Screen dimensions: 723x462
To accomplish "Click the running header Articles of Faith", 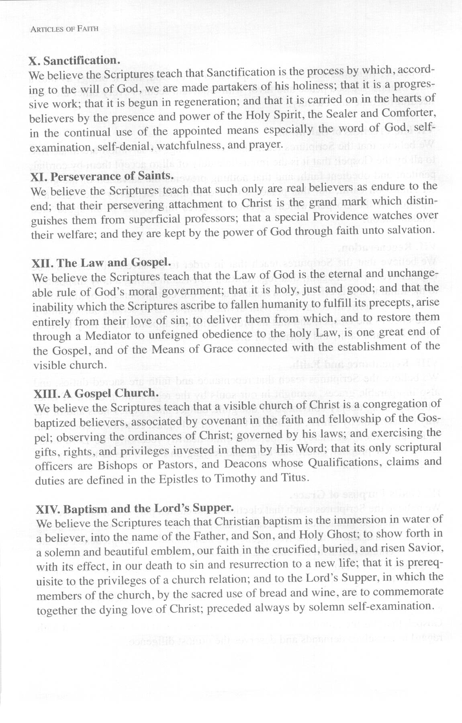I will pos(64,29).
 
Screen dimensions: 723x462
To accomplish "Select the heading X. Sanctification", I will pos(74,61).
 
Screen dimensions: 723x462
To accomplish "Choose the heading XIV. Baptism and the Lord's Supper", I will pos(135,509).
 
